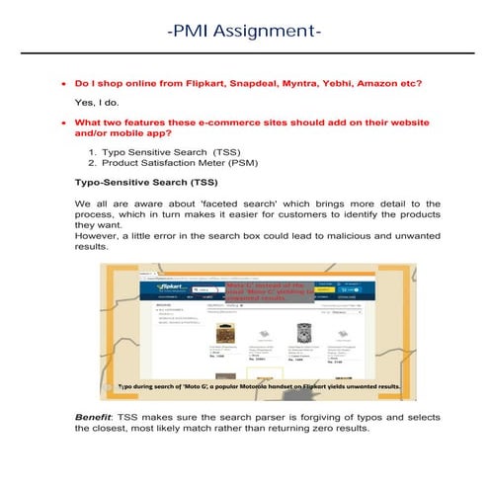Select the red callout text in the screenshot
click(x=268, y=293)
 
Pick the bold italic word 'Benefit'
click(x=95, y=419)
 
